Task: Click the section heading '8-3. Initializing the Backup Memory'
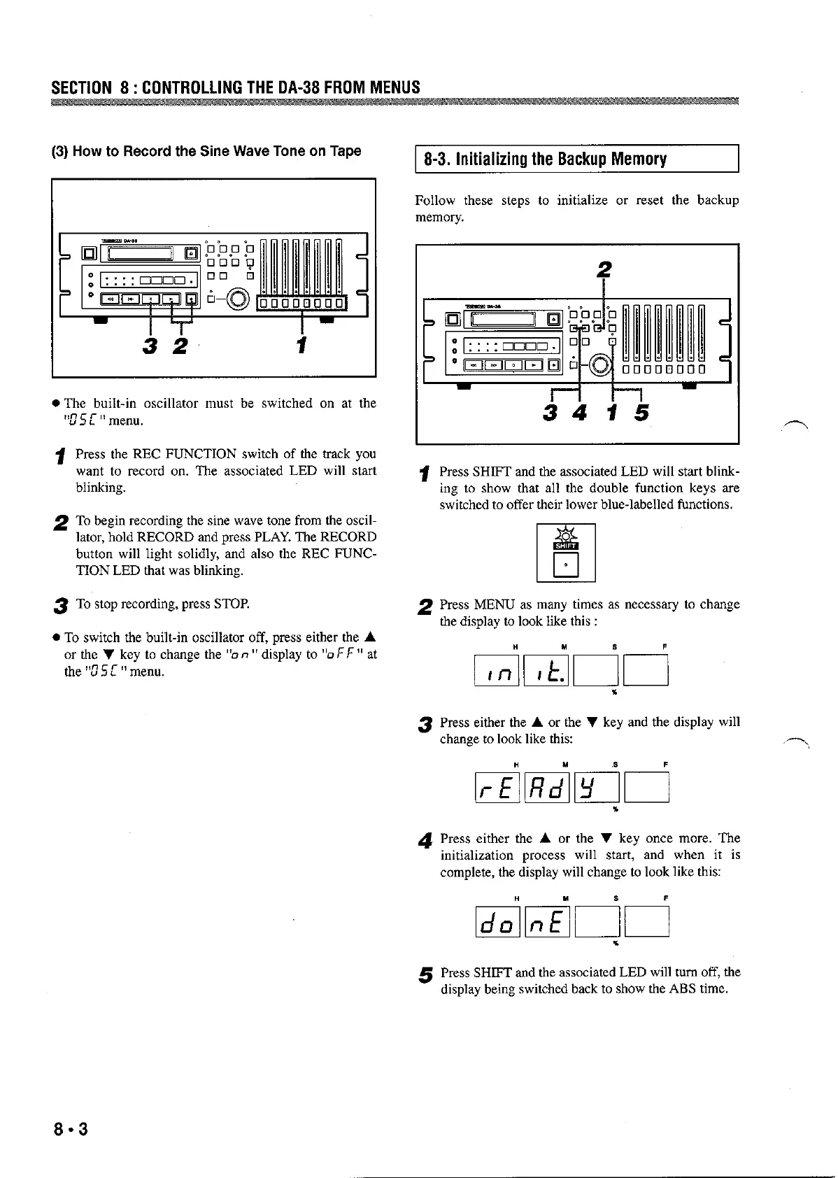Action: [x=545, y=159]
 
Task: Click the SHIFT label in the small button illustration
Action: [x=566, y=547]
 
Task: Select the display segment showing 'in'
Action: [x=497, y=672]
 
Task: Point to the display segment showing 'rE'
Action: [x=497, y=788]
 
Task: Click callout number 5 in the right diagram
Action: [x=641, y=414]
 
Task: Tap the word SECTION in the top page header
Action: [x=81, y=87]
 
